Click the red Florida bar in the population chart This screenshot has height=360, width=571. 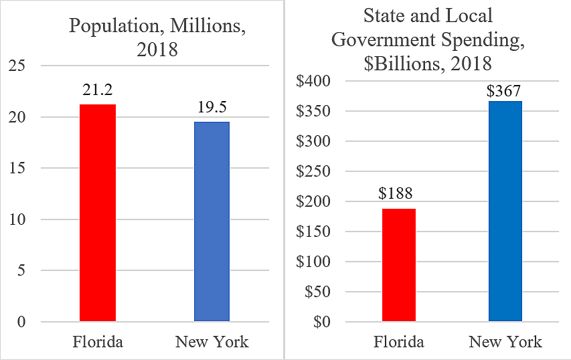tap(97, 213)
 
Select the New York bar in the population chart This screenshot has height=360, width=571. tap(212, 221)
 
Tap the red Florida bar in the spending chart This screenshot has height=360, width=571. tap(399, 265)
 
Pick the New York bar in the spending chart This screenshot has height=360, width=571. tap(505, 211)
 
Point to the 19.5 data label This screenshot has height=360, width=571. tap(212, 108)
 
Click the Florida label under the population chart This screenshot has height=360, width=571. tap(98, 343)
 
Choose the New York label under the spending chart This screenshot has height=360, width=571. tap(505, 343)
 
